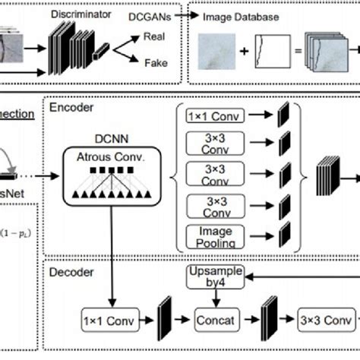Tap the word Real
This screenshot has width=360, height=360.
point(156,36)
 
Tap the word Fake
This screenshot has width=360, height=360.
point(156,64)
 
